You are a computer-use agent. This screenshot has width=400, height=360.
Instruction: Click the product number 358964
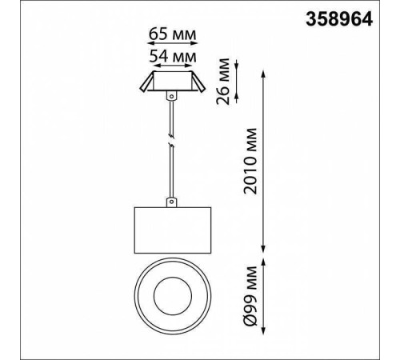click(339, 19)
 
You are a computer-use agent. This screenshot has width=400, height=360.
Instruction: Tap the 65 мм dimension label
click(172, 34)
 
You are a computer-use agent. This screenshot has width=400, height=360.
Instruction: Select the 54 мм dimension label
click(173, 56)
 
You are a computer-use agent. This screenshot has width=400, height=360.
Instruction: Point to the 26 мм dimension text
click(223, 81)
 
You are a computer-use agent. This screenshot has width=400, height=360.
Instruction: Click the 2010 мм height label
click(250, 161)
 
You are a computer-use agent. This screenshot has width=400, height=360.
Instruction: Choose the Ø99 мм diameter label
click(250, 296)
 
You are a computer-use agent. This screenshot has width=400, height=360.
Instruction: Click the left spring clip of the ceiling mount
click(146, 82)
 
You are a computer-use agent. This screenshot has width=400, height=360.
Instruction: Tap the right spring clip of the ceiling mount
click(198, 82)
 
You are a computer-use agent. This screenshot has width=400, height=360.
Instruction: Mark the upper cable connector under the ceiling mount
click(172, 96)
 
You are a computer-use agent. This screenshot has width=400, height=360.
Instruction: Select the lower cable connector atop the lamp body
click(172, 202)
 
